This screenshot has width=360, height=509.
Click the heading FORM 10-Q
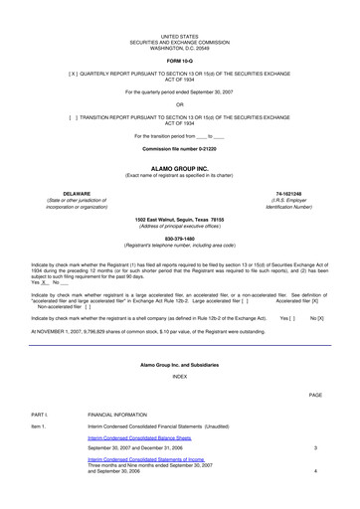pos(180,60)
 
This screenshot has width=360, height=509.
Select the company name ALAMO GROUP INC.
pos(180,169)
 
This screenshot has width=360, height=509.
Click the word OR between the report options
pos(180,103)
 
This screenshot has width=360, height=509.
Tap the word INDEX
pos(180,348)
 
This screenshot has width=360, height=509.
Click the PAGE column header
pos(315,367)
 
